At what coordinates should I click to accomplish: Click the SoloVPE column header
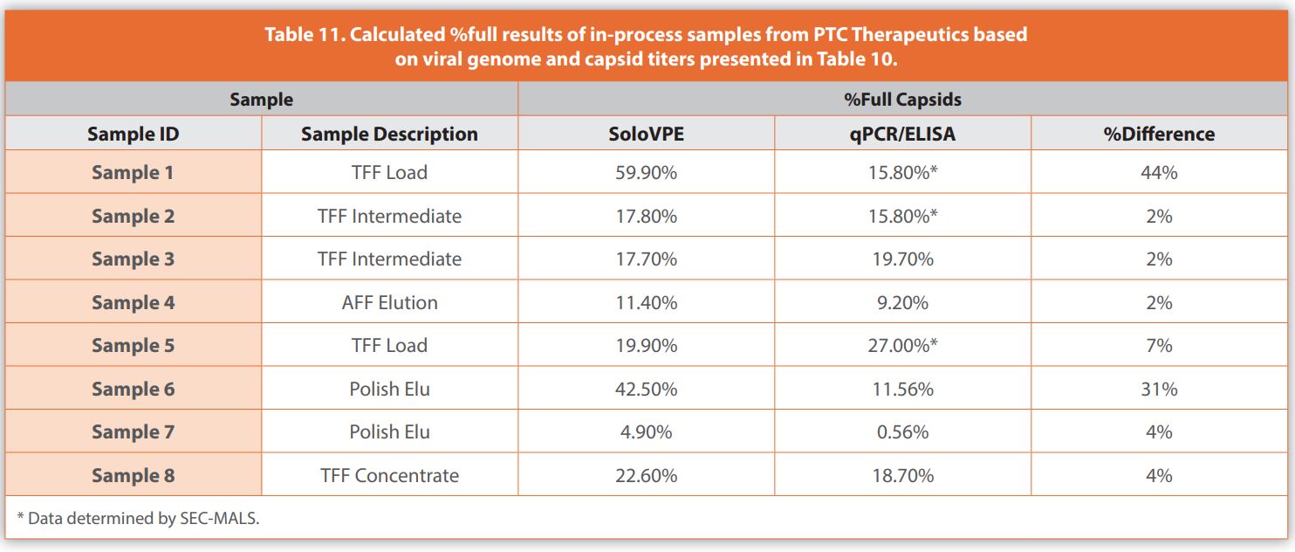[x=645, y=134]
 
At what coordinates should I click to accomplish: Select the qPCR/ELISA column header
[x=902, y=134]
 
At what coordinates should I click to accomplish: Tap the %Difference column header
[x=1159, y=134]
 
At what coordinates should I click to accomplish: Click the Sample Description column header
[x=389, y=134]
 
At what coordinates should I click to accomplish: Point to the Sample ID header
[x=133, y=134]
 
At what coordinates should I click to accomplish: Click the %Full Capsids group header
[x=902, y=99]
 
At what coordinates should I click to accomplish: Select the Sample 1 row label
[x=133, y=172]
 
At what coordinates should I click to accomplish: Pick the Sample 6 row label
[x=133, y=389]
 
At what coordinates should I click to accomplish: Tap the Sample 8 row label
[x=133, y=475]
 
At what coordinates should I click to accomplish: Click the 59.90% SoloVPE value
[x=645, y=172]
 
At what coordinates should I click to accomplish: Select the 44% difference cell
[x=1159, y=172]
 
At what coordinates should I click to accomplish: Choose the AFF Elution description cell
[x=389, y=302]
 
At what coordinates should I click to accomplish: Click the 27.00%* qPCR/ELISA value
[x=902, y=345]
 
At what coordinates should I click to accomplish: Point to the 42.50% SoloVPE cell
[x=645, y=389]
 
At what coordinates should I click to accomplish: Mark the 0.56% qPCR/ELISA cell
[x=902, y=431]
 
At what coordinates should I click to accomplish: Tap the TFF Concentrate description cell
[x=389, y=475]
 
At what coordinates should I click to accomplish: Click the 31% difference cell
[x=1159, y=389]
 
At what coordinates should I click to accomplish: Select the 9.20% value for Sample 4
[x=902, y=302]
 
